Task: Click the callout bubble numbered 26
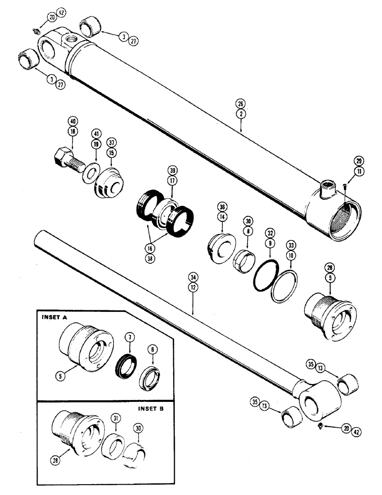pyautogui.click(x=241, y=103)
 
